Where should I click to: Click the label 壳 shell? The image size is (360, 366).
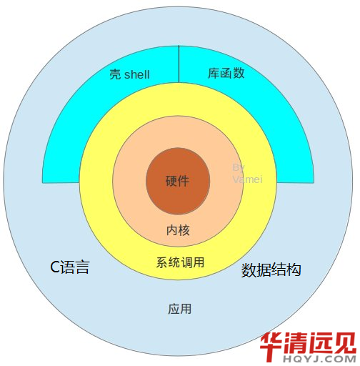pyautogui.click(x=129, y=74)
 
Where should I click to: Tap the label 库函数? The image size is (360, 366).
pyautogui.click(x=226, y=73)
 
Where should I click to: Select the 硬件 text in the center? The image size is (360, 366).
pyautogui.click(x=177, y=181)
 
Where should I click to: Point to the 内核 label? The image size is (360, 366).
pyautogui.click(x=178, y=230)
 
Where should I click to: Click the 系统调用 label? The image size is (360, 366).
pyautogui.click(x=180, y=262)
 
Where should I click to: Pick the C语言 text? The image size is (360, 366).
pyautogui.click(x=70, y=267)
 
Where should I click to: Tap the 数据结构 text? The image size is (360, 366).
pyautogui.click(x=271, y=270)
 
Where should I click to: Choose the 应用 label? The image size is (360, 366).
pyautogui.click(x=180, y=309)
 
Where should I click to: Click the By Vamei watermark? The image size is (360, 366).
pyautogui.click(x=247, y=174)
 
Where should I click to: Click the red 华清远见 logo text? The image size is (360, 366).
pyautogui.click(x=309, y=342)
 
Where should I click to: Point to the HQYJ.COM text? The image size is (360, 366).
pyautogui.click(x=319, y=359)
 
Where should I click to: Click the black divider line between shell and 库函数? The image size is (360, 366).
pyautogui.click(x=179, y=64)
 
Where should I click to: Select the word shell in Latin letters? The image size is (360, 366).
pyautogui.click(x=137, y=74)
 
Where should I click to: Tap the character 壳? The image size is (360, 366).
pyautogui.click(x=115, y=74)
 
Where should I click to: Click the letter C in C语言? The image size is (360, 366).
pyautogui.click(x=54, y=267)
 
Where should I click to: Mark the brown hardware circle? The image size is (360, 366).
pyautogui.click(x=178, y=181)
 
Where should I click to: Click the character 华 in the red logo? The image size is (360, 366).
pyautogui.click(x=273, y=342)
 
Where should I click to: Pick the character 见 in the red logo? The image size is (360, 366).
pyautogui.click(x=345, y=342)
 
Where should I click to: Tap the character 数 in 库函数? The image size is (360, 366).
pyautogui.click(x=239, y=73)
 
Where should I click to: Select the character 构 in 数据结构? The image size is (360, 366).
pyautogui.click(x=294, y=270)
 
